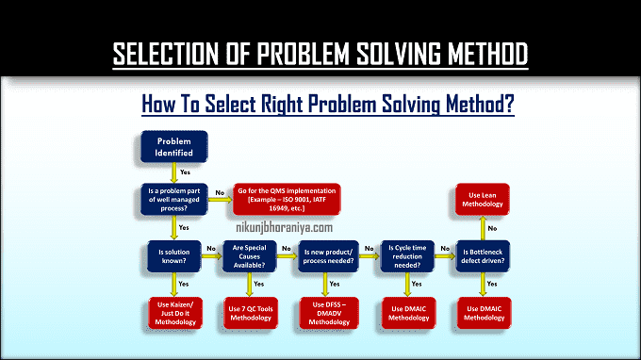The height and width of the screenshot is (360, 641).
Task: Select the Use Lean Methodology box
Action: (x=485, y=200)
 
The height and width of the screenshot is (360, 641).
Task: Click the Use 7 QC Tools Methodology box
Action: (x=251, y=313)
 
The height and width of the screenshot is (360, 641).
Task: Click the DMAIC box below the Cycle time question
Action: (x=407, y=313)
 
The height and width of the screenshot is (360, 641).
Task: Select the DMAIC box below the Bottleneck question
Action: (x=485, y=313)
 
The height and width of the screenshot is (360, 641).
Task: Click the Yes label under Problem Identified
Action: (x=185, y=172)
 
